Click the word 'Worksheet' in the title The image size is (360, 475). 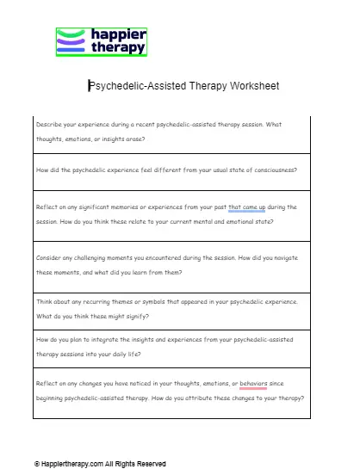(x=251, y=86)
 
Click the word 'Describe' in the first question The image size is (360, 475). (x=50, y=125)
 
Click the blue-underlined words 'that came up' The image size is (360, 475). (x=246, y=207)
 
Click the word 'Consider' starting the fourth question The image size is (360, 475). (x=51, y=259)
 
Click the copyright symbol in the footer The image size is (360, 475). (x=37, y=464)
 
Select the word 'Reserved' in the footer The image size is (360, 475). (x=151, y=464)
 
